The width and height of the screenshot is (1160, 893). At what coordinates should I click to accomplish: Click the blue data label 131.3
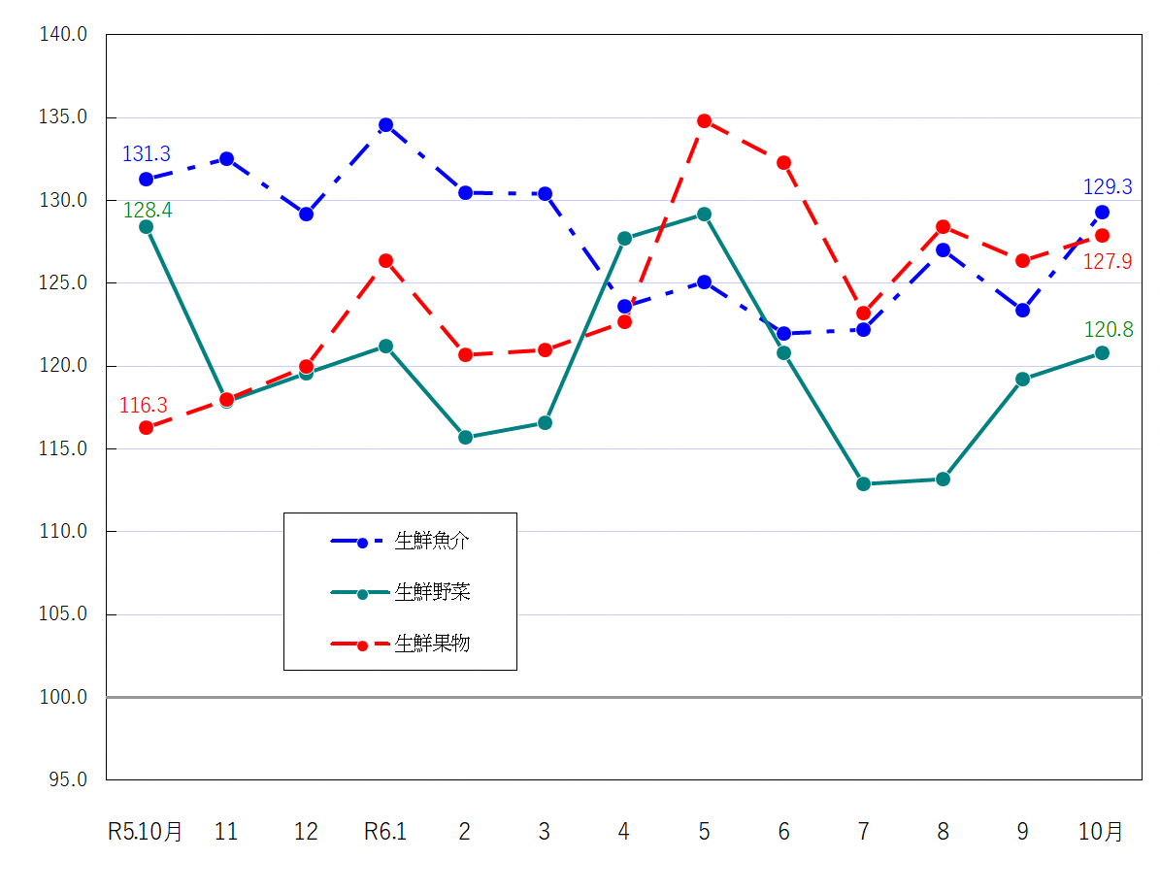(x=147, y=154)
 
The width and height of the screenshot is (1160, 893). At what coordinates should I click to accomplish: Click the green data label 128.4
(x=148, y=211)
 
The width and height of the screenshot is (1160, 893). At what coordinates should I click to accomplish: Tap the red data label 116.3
(x=144, y=406)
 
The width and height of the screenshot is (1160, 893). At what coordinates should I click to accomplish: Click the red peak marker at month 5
(x=704, y=121)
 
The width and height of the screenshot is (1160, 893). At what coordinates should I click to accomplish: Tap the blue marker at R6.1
(x=385, y=125)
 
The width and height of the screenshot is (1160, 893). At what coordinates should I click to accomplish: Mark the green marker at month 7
(x=863, y=483)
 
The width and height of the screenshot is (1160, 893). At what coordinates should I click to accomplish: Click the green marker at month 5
(x=704, y=214)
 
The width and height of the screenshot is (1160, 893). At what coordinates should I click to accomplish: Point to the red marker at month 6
(x=783, y=162)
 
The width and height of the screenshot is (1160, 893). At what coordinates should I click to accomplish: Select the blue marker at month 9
(x=1022, y=311)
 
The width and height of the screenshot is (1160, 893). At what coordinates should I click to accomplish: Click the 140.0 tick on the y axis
(x=63, y=35)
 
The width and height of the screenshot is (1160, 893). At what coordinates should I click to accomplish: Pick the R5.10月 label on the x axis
(x=145, y=832)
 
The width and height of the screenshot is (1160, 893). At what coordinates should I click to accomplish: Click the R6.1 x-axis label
(x=385, y=832)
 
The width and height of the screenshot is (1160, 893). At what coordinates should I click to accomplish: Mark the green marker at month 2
(x=465, y=437)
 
